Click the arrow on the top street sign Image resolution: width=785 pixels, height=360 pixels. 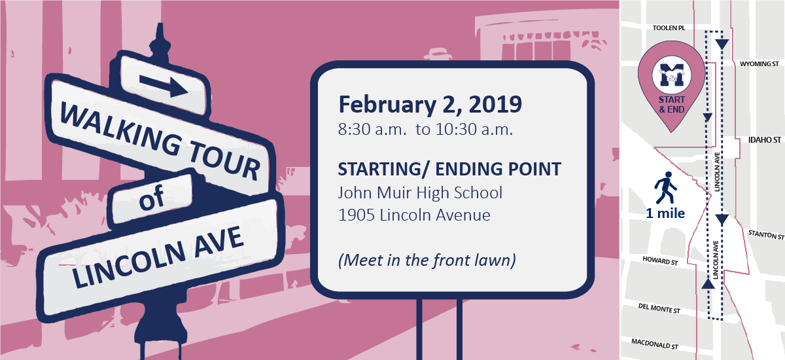click(x=164, y=86)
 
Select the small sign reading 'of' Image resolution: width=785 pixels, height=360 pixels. click(x=150, y=198)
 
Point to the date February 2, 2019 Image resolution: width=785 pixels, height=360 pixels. click(x=430, y=105)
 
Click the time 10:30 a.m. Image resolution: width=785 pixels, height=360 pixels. click(x=474, y=130)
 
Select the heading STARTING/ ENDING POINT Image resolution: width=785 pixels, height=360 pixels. click(x=449, y=169)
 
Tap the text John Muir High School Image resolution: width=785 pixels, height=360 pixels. click(x=420, y=193)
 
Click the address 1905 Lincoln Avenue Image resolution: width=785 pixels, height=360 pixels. click(x=414, y=215)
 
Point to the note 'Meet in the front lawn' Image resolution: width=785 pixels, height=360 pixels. click(x=427, y=261)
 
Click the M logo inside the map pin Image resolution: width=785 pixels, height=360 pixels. click(x=671, y=75)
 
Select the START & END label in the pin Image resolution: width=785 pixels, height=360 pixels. click(x=671, y=105)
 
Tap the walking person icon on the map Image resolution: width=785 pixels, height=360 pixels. click(x=665, y=188)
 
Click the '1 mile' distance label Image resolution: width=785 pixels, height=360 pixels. click(x=665, y=213)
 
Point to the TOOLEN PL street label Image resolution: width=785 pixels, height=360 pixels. click(x=669, y=27)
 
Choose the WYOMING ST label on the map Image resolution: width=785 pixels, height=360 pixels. click(x=759, y=63)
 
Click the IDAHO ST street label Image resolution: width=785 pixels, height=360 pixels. click(x=765, y=140)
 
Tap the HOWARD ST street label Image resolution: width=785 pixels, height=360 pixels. click(x=660, y=261)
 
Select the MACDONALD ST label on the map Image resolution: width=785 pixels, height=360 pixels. click(x=655, y=344)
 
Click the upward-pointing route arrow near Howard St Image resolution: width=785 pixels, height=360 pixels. click(x=708, y=283)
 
